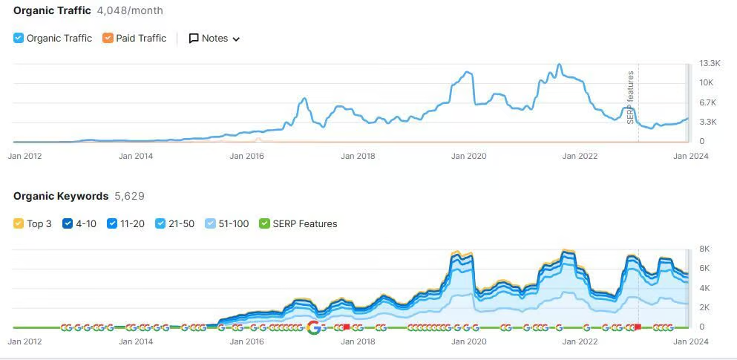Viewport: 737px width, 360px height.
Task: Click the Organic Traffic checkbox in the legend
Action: (x=19, y=38)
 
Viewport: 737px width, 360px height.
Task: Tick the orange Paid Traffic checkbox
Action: (x=108, y=38)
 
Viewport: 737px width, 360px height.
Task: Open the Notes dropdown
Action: (x=214, y=39)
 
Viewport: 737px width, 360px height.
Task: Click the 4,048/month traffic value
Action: (x=130, y=10)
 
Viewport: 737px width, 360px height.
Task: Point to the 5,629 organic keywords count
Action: (x=129, y=196)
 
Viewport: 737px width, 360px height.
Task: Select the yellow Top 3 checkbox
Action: (x=19, y=223)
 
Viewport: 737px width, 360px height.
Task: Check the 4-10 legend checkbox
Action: (x=68, y=223)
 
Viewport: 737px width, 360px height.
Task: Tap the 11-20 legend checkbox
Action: (x=112, y=223)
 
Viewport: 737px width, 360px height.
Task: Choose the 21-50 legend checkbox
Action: (x=160, y=223)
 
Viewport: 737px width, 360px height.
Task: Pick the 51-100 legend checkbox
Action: (x=210, y=223)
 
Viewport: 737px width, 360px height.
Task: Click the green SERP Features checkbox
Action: (x=264, y=223)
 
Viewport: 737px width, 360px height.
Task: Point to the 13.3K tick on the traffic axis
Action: (x=709, y=63)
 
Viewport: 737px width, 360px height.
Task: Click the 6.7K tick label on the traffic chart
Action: (x=707, y=102)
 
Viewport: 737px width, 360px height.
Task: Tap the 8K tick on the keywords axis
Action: (x=705, y=249)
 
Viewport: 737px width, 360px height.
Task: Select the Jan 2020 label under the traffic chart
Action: (x=468, y=156)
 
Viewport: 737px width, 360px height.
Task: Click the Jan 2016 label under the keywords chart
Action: (x=247, y=341)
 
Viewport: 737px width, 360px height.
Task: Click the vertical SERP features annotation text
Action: (x=631, y=97)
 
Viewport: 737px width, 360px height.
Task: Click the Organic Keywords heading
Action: (x=61, y=196)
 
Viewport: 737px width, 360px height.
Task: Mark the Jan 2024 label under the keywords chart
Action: (x=690, y=341)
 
